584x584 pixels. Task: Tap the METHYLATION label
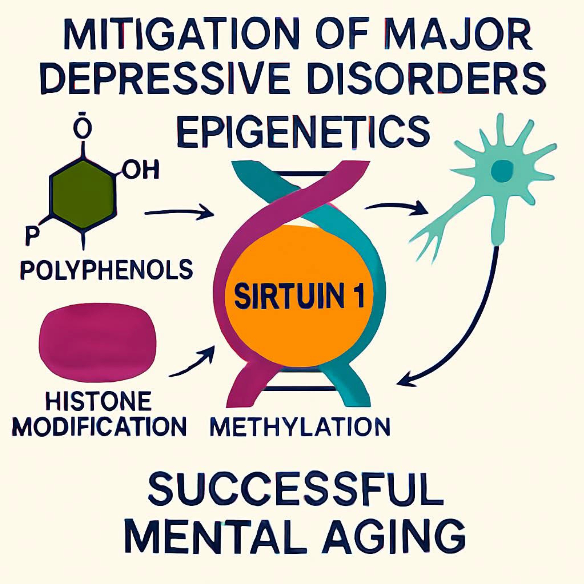[x=300, y=427]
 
